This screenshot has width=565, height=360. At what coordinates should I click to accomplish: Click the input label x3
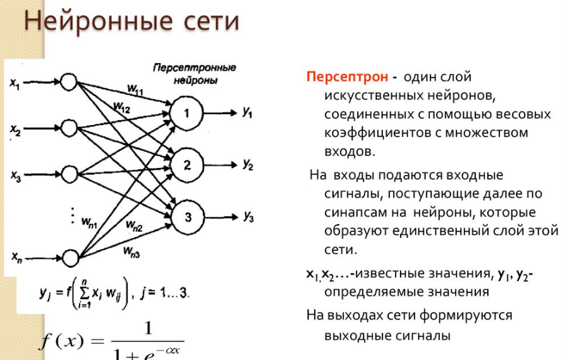click(16, 176)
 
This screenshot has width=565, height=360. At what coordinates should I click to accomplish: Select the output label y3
click(248, 217)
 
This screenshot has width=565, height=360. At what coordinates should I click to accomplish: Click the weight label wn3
click(131, 253)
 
